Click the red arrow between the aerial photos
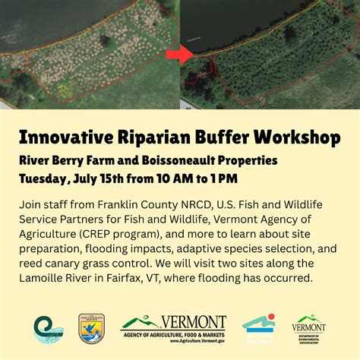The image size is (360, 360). [179, 55]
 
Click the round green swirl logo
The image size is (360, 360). [43, 328]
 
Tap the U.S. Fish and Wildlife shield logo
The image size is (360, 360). [92, 328]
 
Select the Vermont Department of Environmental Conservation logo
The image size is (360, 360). [309, 328]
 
